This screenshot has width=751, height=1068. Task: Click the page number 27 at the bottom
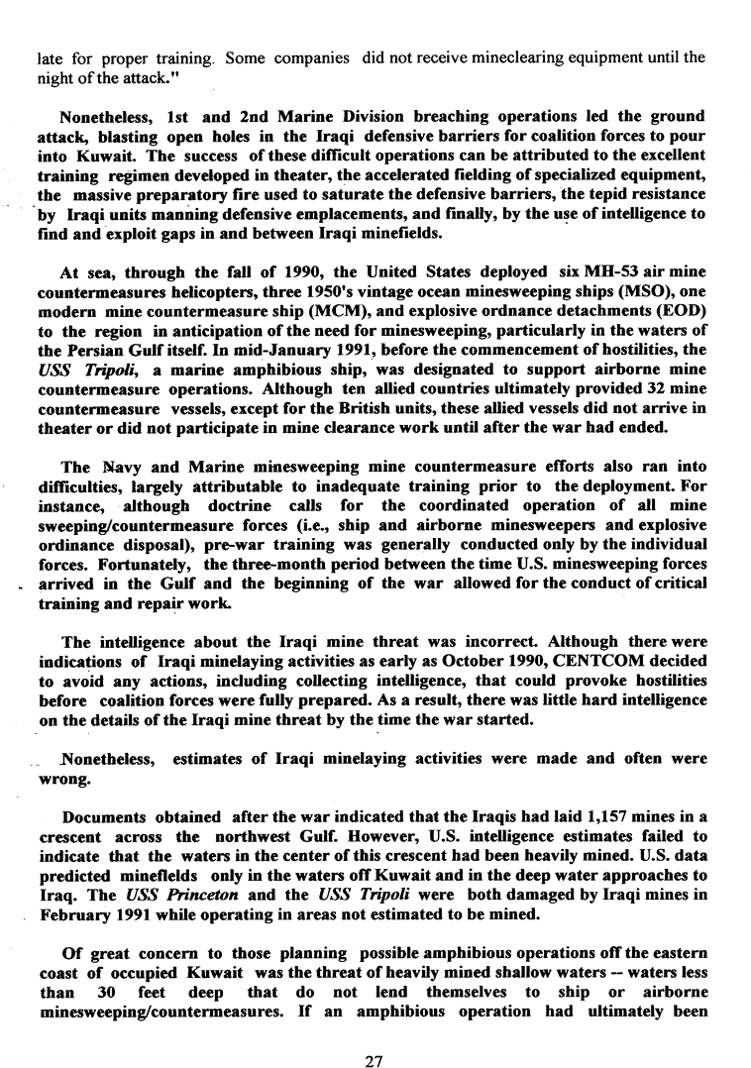(x=374, y=1034)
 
